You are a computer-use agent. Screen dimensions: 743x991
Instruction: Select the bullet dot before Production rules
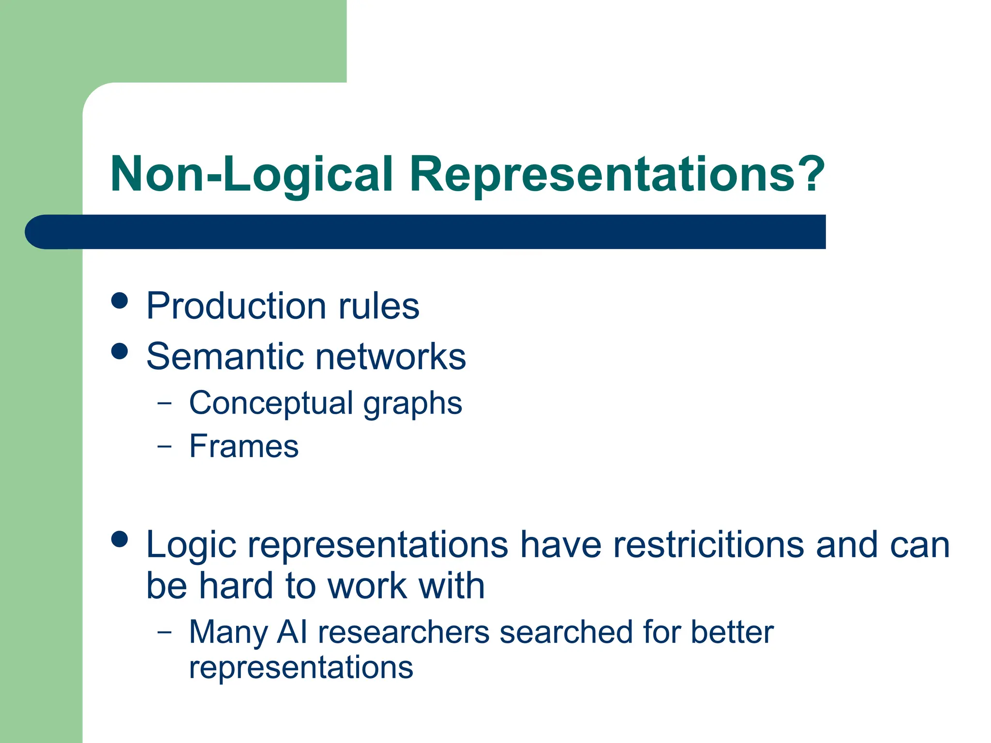120,300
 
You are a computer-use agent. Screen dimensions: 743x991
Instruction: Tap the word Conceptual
271,403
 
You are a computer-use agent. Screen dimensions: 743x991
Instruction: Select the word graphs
413,404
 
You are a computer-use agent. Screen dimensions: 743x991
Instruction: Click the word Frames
244,446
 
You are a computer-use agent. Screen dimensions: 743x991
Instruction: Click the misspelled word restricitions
709,545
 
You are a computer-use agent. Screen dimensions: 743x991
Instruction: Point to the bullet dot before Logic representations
120,539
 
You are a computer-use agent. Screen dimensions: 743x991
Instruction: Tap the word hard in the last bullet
237,586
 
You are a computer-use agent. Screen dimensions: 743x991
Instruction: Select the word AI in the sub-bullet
292,632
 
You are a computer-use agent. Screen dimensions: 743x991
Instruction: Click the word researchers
404,633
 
